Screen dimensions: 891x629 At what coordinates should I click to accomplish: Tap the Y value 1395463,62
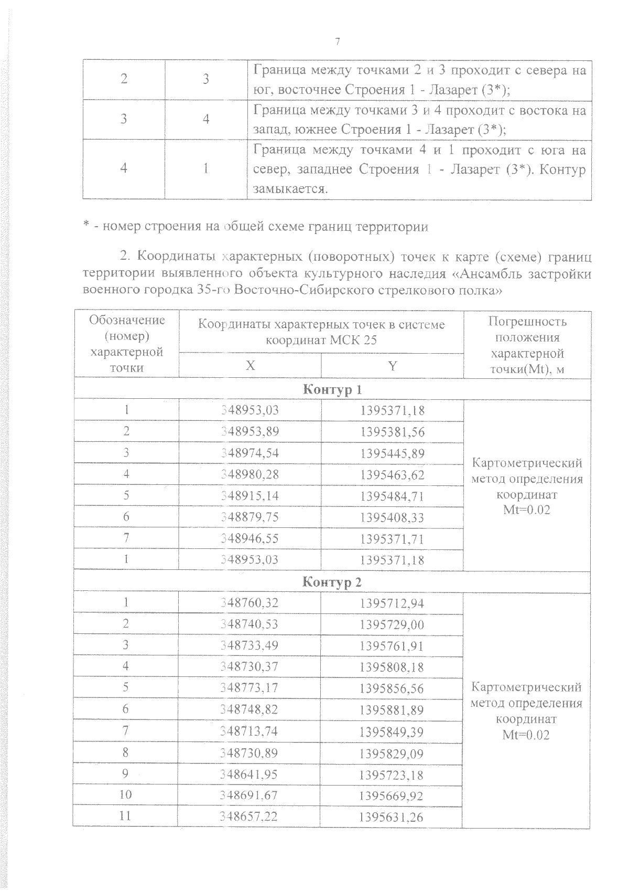click(392, 474)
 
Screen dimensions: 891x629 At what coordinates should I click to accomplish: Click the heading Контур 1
click(332, 389)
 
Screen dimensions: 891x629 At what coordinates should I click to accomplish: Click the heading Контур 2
click(332, 582)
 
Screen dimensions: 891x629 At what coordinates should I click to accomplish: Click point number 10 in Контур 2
click(125, 794)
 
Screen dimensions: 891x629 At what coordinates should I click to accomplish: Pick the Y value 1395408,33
click(392, 517)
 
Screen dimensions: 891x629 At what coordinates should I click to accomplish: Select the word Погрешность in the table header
click(527, 321)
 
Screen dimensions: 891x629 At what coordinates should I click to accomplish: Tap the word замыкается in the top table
click(290, 189)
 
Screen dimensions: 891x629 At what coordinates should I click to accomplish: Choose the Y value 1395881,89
click(392, 709)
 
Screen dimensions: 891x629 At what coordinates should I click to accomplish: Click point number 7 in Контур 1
click(126, 538)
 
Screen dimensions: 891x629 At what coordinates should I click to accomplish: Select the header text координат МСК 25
click(321, 340)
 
